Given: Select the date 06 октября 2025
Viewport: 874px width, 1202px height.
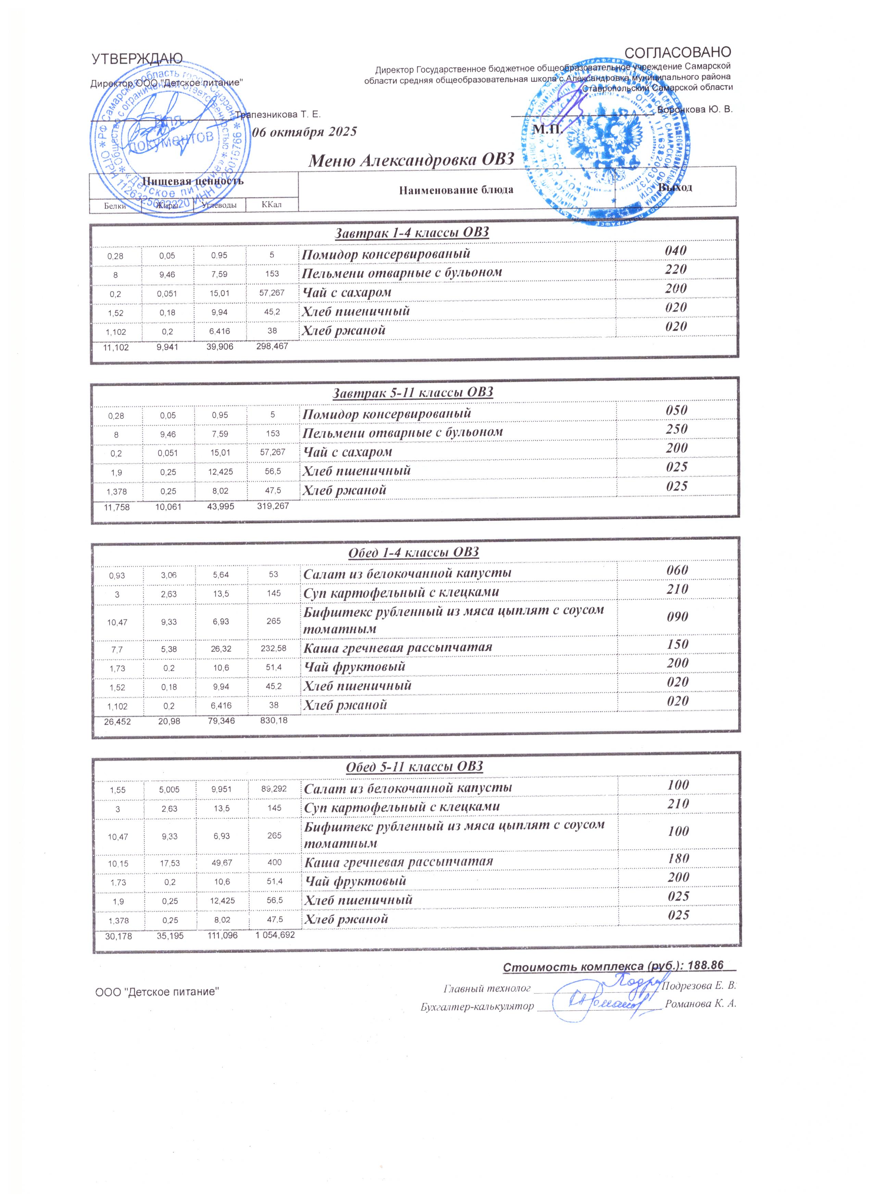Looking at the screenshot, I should pyautogui.click(x=305, y=132).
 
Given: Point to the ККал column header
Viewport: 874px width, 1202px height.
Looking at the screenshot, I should pyautogui.click(x=271, y=204).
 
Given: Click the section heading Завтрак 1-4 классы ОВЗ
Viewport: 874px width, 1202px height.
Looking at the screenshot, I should pyautogui.click(x=412, y=232).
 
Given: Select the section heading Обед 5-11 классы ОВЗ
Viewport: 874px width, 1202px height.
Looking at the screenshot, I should pyautogui.click(x=414, y=766).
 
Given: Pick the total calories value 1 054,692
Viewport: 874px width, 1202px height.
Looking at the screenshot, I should pyautogui.click(x=275, y=936).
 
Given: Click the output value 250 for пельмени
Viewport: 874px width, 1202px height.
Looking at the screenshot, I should pyautogui.click(x=676, y=429).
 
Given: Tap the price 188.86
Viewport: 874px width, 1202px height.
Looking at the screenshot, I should pyautogui.click(x=705, y=966).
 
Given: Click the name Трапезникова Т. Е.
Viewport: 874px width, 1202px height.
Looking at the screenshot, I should pyautogui.click(x=278, y=114).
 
